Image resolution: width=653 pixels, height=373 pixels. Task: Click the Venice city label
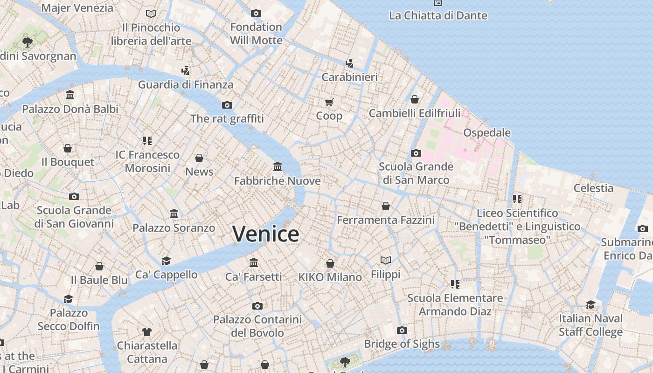[266, 234]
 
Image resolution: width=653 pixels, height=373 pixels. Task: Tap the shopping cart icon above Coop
[329, 102]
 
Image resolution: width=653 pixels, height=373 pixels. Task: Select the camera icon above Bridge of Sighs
[402, 330]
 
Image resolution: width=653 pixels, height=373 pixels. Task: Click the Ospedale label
[487, 133]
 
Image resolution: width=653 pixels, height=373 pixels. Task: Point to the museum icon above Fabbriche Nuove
[278, 166]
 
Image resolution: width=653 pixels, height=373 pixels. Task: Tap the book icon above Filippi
[386, 260]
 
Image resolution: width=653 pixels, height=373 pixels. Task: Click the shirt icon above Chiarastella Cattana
[147, 332]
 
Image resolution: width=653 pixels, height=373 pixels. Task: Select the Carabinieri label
[350, 77]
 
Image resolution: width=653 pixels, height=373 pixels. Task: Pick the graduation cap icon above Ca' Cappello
[166, 261]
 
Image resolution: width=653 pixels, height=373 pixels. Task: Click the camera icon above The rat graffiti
[227, 105]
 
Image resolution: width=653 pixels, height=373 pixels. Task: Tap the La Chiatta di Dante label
[438, 15]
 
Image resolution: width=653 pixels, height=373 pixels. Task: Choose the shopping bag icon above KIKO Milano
[330, 263]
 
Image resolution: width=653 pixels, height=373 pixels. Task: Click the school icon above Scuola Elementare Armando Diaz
[455, 284]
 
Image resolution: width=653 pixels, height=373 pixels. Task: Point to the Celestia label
[593, 188]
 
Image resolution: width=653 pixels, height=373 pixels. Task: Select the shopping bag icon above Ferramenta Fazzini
[386, 206]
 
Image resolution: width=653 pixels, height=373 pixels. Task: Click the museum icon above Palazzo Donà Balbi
[70, 95]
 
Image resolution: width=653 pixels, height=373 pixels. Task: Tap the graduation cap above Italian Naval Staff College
[591, 304]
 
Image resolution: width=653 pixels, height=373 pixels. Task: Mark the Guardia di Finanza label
[186, 85]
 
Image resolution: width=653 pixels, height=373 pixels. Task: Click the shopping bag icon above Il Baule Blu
[99, 266]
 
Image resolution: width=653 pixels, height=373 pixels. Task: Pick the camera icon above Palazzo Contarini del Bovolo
[257, 306]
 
